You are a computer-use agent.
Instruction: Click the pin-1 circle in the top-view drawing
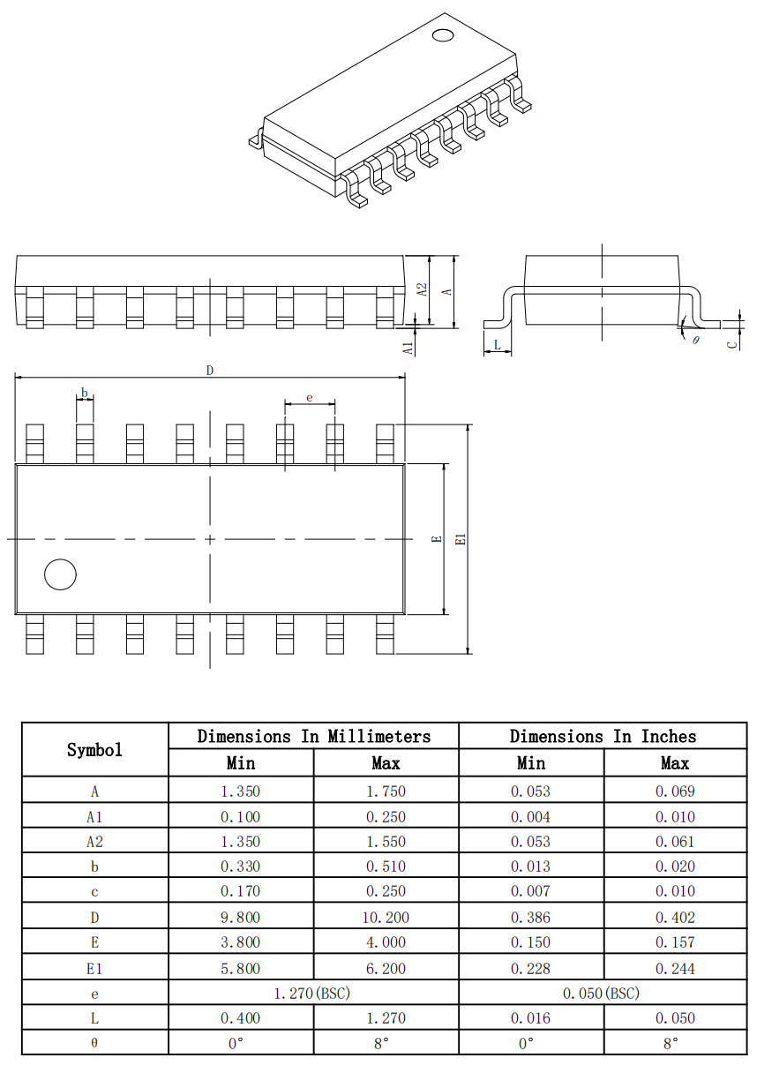tap(60, 574)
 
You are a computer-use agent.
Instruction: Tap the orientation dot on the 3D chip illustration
tap(442, 35)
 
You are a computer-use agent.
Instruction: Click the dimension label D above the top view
tap(210, 371)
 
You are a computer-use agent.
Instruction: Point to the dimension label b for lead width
tap(85, 394)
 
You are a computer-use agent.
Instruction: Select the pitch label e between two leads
tap(310, 398)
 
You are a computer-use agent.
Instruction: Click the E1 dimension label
tap(461, 539)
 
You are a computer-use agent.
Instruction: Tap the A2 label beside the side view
tap(422, 289)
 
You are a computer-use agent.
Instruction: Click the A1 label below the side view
tap(408, 349)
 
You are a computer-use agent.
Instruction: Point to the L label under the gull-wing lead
tap(497, 344)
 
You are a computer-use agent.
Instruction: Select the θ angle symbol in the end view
tap(696, 340)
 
